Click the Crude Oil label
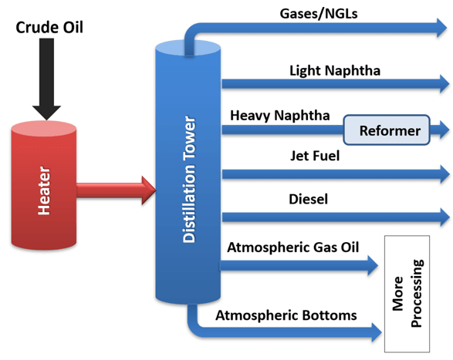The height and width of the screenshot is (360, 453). point(49,28)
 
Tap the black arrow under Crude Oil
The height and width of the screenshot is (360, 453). point(46,79)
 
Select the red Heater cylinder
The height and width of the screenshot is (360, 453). point(44,185)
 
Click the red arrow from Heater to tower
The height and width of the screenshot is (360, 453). point(117,190)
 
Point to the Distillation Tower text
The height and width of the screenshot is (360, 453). point(190,179)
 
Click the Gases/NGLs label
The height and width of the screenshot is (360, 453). point(319,14)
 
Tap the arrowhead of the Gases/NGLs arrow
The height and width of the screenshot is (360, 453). point(441,28)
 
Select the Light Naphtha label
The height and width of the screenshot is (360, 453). point(335,71)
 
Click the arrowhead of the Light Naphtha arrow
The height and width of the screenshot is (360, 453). point(445,84)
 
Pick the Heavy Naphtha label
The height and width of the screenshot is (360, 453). point(280,116)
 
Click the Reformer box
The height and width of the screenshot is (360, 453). point(387,130)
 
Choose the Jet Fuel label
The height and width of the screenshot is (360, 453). point(315,156)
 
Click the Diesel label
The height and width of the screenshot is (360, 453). point(308,199)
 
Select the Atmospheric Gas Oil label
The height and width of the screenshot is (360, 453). point(293,247)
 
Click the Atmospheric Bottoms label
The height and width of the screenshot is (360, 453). point(286,315)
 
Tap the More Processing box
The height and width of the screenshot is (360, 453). point(407,294)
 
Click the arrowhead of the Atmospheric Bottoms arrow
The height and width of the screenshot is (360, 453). point(377,332)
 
